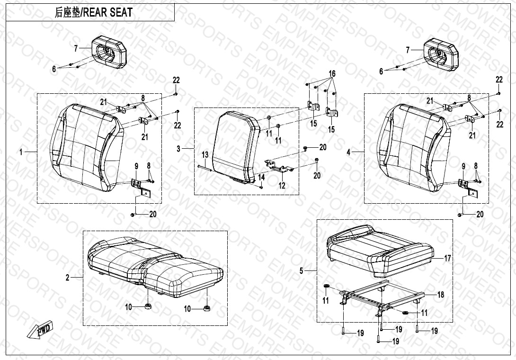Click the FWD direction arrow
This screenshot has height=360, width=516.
[x=39, y=329]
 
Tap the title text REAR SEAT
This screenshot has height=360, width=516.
[x=107, y=12]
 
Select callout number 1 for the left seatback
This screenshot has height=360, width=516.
[x=21, y=152]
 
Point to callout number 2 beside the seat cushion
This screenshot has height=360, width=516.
[x=68, y=278]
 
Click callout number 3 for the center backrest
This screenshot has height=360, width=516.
[x=178, y=149]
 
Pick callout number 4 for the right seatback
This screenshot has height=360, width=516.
[x=349, y=152]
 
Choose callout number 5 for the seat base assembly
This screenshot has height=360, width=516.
[x=302, y=271]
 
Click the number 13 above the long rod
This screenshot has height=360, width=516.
[x=205, y=155]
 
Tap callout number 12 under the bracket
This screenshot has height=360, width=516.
[x=282, y=185]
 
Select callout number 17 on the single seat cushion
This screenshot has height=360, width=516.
[x=447, y=258]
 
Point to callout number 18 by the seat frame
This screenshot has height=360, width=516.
[x=441, y=295]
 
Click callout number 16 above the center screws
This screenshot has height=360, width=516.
[x=332, y=73]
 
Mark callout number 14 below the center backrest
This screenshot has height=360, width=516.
[x=261, y=177]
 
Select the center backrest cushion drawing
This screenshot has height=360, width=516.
[x=236, y=147]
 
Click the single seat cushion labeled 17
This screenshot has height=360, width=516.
[x=381, y=251]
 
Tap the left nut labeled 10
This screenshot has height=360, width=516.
[x=148, y=307]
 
